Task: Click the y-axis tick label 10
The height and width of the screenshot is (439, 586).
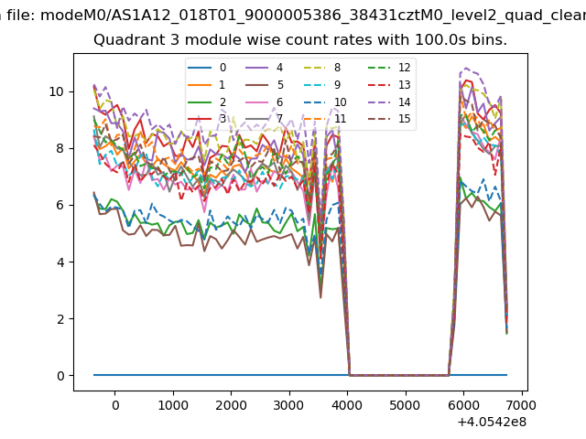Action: (57, 91)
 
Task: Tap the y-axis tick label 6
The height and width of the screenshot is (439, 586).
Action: (60, 206)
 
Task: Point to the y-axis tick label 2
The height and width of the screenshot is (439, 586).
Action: (60, 319)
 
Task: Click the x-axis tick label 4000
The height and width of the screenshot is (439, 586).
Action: (347, 404)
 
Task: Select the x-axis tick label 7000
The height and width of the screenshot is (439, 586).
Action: (522, 404)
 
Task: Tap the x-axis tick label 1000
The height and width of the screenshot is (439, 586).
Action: (173, 404)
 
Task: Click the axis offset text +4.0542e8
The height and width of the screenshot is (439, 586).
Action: (490, 422)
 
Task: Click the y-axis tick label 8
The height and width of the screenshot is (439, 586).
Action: (60, 148)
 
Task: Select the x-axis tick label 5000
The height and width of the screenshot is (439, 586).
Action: (406, 404)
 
